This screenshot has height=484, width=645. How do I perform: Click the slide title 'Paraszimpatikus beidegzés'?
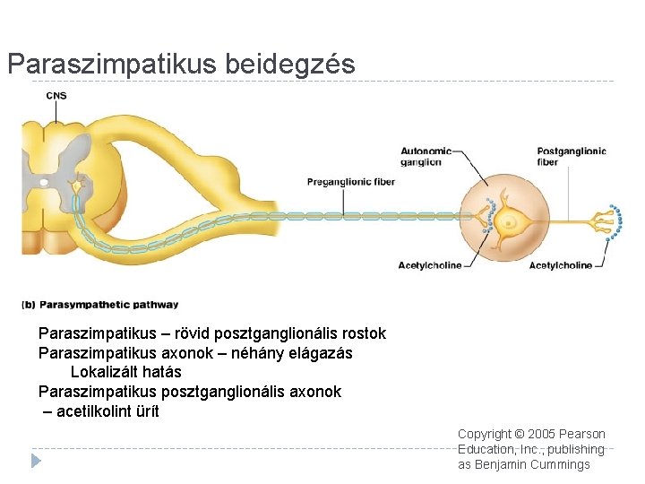point(181,65)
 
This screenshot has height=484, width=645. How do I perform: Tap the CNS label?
point(56,96)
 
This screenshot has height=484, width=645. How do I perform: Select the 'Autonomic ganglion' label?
point(420,156)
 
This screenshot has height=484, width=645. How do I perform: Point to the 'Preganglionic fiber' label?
point(350,182)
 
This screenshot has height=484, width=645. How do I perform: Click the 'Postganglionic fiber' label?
point(571,156)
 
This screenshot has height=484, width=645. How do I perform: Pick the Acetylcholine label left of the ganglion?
point(429,265)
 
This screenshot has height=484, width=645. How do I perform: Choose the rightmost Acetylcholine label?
point(560,265)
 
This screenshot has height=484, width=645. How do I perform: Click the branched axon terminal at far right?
point(612,222)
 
